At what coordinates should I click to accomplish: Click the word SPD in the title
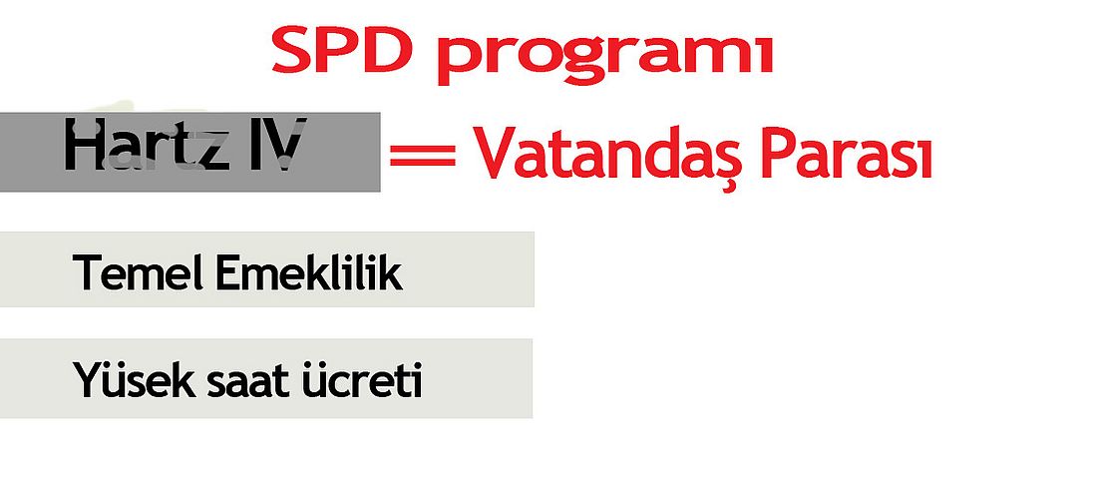(340, 51)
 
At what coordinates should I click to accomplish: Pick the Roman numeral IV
(274, 145)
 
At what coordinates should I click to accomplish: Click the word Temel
(138, 272)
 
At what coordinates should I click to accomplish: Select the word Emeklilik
(308, 272)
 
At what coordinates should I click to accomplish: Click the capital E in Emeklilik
(226, 273)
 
